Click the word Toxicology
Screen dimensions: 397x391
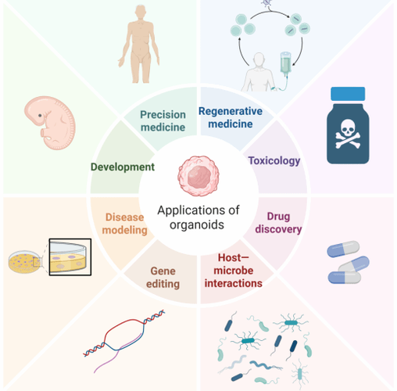[x=274, y=161]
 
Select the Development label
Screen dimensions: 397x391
[x=123, y=167]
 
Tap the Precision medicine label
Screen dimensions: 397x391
[x=163, y=121]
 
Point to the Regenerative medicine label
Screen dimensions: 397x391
[x=231, y=117]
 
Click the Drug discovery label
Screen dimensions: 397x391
[x=278, y=223]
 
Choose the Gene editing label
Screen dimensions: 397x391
[x=163, y=278]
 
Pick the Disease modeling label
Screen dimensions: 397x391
[x=124, y=224]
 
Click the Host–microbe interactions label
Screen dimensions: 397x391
[x=234, y=271]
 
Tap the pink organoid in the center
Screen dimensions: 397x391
[x=198, y=176]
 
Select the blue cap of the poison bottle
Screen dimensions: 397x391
[x=348, y=94]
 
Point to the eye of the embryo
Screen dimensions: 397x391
[x=40, y=115]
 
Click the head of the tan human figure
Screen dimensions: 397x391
[x=141, y=12]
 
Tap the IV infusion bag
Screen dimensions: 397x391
[x=285, y=63]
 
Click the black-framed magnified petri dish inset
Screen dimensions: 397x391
[x=70, y=257]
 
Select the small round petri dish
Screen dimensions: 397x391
[x=24, y=262]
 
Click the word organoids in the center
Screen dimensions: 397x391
[x=197, y=224]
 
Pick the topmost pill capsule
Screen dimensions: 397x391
[x=343, y=249]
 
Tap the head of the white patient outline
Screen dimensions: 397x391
[x=259, y=60]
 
